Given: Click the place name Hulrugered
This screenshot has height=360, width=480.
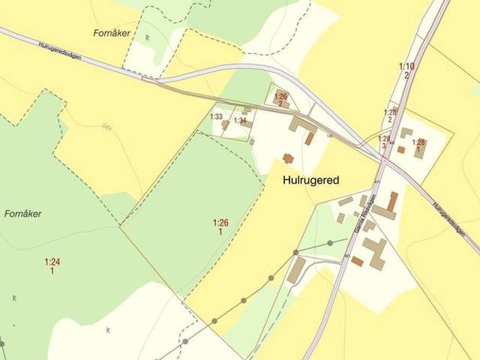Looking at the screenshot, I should coord(311,181).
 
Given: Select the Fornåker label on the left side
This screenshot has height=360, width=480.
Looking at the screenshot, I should coord(22,214).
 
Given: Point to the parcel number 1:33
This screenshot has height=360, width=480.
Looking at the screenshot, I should coord(216,116).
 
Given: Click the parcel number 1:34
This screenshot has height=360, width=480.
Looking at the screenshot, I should coord(240,121).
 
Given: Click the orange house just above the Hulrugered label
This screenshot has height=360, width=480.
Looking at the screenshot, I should coord(287,158).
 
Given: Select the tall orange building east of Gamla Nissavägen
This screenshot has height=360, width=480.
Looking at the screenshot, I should coord(392,200).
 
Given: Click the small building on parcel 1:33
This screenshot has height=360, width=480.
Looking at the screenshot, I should coord(225,125).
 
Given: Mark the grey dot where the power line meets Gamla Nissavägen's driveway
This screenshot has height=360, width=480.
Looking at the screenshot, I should coord(330,242).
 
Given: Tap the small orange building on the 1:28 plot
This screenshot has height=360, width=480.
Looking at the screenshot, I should coord(401,149).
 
